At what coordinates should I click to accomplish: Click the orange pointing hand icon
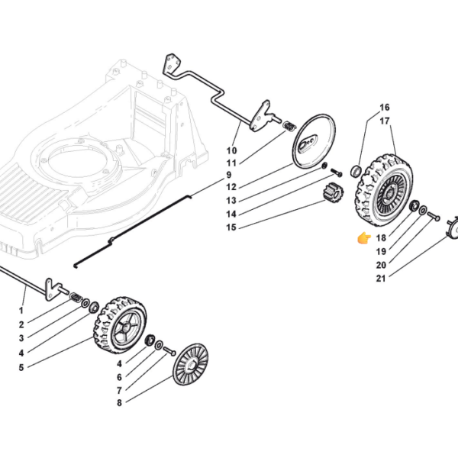click(364, 238)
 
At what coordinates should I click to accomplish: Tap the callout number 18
click(381, 238)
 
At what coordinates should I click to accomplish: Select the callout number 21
click(381, 279)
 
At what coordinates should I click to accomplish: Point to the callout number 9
click(229, 175)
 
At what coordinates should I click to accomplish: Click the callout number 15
click(231, 227)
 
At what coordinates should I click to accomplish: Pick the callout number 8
click(119, 403)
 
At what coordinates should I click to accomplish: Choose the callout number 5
click(21, 368)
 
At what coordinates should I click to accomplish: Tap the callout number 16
click(385, 108)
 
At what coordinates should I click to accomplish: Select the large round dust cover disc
click(313, 141)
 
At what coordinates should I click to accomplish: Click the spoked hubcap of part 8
click(190, 364)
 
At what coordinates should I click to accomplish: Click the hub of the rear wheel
click(389, 193)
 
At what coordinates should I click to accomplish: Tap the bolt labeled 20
click(434, 217)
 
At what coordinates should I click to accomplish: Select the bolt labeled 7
click(169, 351)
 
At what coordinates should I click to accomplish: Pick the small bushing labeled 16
click(356, 172)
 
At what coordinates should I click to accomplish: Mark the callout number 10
click(231, 150)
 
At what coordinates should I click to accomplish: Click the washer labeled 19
click(423, 210)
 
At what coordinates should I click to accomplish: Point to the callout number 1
click(21, 311)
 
